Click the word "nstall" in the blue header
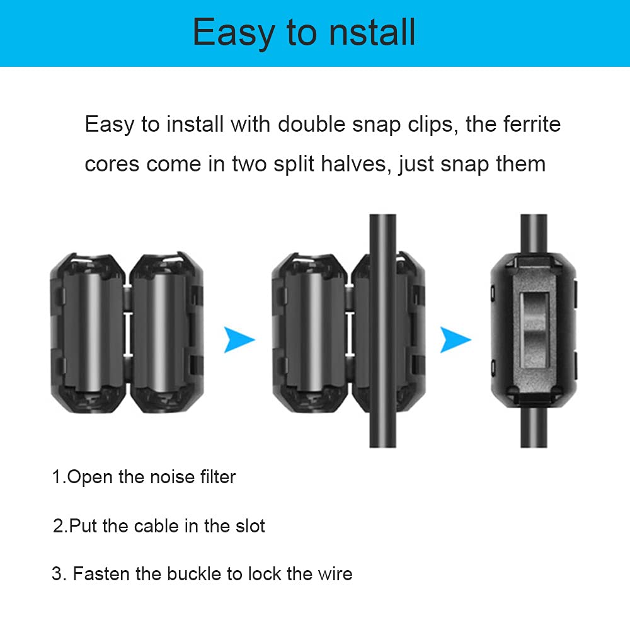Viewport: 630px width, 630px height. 372,32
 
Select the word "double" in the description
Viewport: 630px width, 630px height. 311,124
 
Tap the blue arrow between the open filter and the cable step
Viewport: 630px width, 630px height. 239,340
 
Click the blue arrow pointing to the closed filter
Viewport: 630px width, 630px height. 455,340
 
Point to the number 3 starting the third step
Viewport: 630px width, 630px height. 57,574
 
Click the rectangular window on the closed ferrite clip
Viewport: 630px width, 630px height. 534,330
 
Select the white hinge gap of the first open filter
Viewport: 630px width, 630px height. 129,333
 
